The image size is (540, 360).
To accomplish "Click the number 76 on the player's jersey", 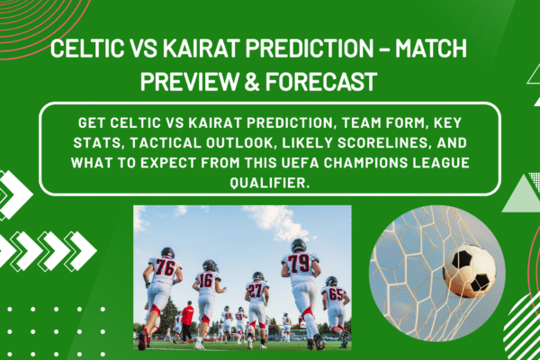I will point(165,267).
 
